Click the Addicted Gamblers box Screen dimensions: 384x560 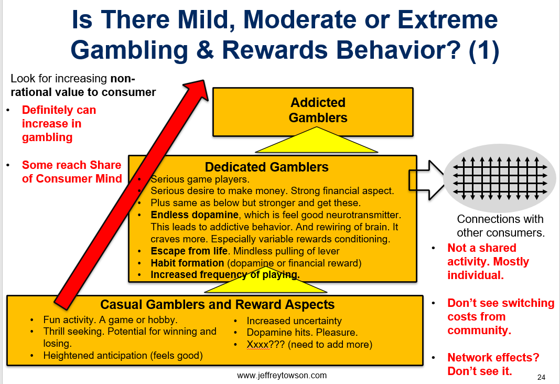coord(318,110)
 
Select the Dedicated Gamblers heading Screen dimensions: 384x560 coord(266,167)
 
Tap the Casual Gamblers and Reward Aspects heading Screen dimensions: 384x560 coord(217,304)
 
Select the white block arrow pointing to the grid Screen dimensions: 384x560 coord(427,180)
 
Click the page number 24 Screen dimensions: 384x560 coord(542,377)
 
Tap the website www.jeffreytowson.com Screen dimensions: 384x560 coord(282,375)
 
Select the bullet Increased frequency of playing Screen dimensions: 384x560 coord(225,274)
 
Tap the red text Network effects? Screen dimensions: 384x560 coord(493,357)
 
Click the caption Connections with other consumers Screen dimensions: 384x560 coord(500,226)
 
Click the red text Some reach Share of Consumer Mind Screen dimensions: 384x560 coord(71,172)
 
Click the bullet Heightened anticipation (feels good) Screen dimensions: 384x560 coord(123,356)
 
